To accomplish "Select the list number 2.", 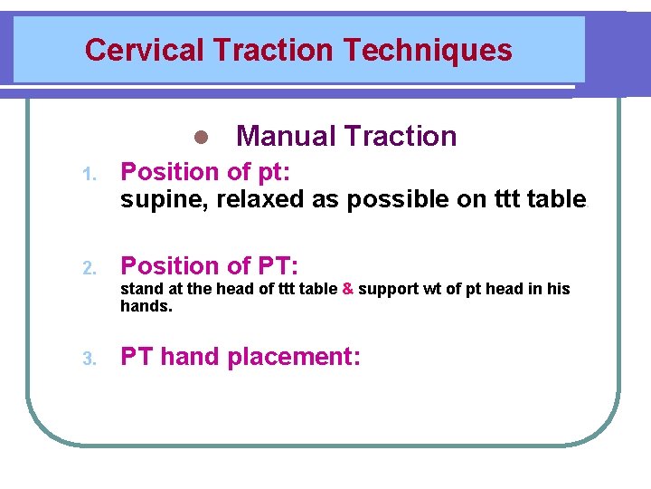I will pos(89,268).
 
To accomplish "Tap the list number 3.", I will pos(89,359).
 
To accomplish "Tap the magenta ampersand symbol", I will pos(347,289).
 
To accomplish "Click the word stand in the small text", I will pos(139,289).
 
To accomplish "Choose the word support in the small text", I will pos(388,290).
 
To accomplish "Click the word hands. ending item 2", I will pos(146,306).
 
